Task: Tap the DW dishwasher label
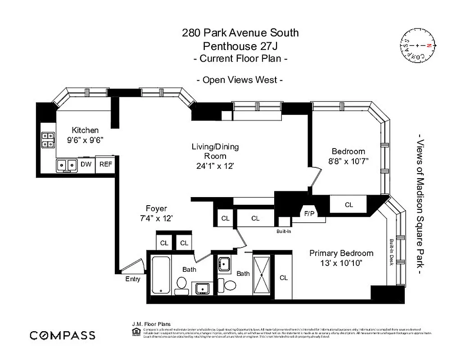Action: pyautogui.click(x=86, y=164)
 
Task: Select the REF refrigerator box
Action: pyautogui.click(x=105, y=164)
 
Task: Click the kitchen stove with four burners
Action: pyautogui.click(x=47, y=140)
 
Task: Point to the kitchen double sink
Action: pyautogui.click(x=67, y=166)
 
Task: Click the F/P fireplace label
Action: pyautogui.click(x=309, y=214)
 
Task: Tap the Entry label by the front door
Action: pyautogui.click(x=133, y=279)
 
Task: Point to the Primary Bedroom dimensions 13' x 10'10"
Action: pyautogui.click(x=341, y=263)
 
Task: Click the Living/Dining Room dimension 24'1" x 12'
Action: pyautogui.click(x=215, y=166)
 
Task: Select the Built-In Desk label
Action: pyautogui.click(x=391, y=252)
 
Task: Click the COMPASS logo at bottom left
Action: pyautogui.click(x=63, y=335)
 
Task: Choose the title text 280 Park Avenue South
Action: pyautogui.click(x=240, y=33)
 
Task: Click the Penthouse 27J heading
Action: pyautogui.click(x=240, y=45)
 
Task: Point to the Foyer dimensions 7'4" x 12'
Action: pyautogui.click(x=156, y=218)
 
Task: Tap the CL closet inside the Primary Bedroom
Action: pyautogui.click(x=283, y=278)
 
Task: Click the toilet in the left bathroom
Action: pyautogui.click(x=181, y=285)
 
